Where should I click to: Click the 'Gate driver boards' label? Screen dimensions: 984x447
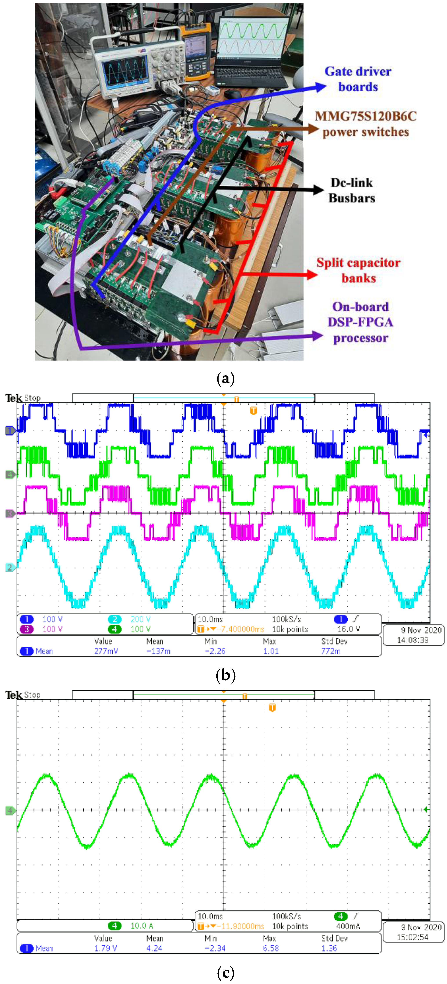(x=358, y=79)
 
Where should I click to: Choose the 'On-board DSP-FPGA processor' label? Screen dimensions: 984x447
(x=360, y=322)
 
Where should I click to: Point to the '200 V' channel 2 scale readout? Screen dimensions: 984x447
(x=140, y=619)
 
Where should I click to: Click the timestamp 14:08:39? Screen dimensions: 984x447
(x=413, y=640)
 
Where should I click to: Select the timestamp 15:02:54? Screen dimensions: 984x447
(x=413, y=937)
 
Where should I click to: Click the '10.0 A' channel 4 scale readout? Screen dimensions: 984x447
(x=141, y=926)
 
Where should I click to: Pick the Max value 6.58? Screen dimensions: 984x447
(x=271, y=948)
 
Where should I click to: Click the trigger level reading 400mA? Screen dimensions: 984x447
(x=348, y=926)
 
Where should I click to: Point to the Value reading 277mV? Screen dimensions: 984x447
(x=106, y=651)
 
